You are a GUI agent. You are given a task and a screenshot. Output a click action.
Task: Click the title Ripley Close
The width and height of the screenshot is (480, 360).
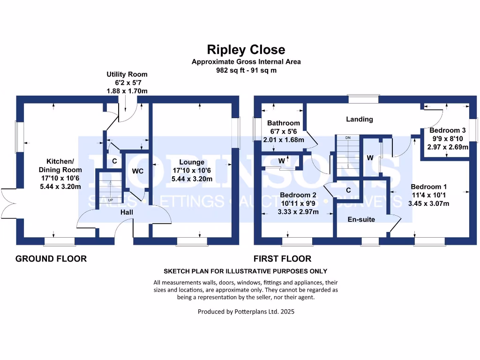(246, 50)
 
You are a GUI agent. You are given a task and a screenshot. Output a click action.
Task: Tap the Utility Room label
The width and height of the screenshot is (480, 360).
(127, 74)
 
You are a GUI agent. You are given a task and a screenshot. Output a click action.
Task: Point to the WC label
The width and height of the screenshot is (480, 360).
(137, 172)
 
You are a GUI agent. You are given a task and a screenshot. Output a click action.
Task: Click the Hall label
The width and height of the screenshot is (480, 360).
(127, 212)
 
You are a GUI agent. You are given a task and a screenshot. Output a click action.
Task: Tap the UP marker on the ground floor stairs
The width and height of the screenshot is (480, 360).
(111, 200)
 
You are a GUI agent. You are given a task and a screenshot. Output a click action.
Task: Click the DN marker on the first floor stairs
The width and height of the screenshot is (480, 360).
(347, 138)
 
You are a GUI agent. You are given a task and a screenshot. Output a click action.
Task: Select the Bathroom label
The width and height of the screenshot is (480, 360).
(283, 123)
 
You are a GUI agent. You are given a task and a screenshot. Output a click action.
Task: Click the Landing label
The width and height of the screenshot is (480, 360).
(360, 119)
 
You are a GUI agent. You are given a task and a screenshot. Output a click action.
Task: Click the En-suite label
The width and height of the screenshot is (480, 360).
(361, 219)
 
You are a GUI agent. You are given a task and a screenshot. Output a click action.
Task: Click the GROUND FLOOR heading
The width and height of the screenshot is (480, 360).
(51, 258)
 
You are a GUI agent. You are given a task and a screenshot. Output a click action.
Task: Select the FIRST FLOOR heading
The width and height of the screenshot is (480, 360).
(282, 258)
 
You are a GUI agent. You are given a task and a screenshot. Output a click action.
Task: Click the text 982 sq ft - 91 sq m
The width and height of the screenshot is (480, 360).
(246, 70)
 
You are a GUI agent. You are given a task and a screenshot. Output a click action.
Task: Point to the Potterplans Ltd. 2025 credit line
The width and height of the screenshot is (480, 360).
(246, 311)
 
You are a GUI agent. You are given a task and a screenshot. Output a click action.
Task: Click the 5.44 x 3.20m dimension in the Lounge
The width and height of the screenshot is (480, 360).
(191, 179)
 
